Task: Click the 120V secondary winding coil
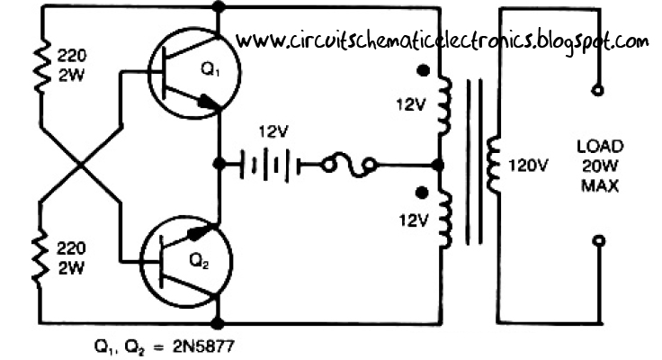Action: (x=492, y=165)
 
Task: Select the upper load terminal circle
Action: (x=599, y=89)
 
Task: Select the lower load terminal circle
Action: (x=599, y=240)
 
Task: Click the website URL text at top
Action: (x=443, y=40)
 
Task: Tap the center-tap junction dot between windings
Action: (x=437, y=165)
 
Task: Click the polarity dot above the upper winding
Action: (x=419, y=68)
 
